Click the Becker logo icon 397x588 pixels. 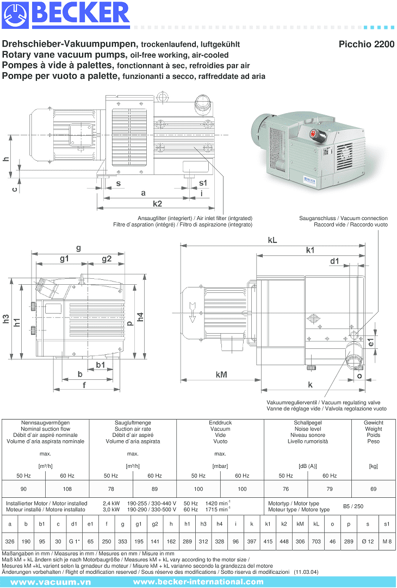click(x=15, y=16)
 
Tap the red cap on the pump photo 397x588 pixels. click(x=314, y=133)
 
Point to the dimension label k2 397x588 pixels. click(x=157, y=204)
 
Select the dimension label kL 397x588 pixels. click(x=272, y=240)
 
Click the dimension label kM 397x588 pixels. click(x=221, y=374)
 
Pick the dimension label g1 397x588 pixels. click(x=65, y=259)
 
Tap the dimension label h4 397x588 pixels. click(x=141, y=317)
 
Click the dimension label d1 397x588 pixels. click(x=334, y=261)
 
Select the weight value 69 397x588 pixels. click(x=373, y=489)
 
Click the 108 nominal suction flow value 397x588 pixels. click(x=67, y=489)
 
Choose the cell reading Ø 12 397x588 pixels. click(x=368, y=542)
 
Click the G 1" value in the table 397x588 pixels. click(x=74, y=542)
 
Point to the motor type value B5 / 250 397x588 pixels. click(x=353, y=506)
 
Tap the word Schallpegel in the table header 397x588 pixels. click(x=307, y=422)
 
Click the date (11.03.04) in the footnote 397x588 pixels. click(x=306, y=572)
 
